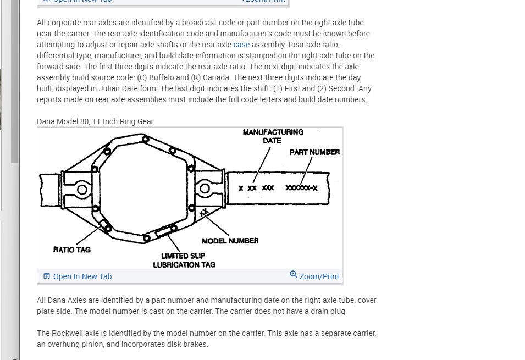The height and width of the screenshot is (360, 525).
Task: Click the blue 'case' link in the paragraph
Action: click(241, 45)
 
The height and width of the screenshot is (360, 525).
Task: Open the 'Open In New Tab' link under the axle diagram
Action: click(82, 276)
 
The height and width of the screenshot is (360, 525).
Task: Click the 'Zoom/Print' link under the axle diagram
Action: click(319, 276)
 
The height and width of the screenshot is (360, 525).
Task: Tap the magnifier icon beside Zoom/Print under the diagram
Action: click(294, 275)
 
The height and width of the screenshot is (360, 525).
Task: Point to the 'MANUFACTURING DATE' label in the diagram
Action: click(273, 136)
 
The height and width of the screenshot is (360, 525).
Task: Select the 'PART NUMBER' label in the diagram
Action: click(314, 152)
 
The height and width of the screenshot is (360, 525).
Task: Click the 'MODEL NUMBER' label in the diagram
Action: click(230, 241)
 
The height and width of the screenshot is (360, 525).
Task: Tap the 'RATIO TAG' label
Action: click(72, 250)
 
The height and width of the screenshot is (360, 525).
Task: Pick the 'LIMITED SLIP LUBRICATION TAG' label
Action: click(184, 260)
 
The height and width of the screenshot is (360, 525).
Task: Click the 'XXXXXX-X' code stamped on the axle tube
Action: click(301, 188)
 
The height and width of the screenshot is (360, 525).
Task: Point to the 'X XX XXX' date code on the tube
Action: click(256, 188)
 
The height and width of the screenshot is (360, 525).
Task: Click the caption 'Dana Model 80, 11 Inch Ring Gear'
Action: click(95, 121)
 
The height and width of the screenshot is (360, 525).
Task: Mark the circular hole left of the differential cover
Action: click(82, 190)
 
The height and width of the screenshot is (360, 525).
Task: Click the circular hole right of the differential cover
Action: click(205, 190)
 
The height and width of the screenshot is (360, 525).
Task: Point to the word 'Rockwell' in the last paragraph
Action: click(68, 333)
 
